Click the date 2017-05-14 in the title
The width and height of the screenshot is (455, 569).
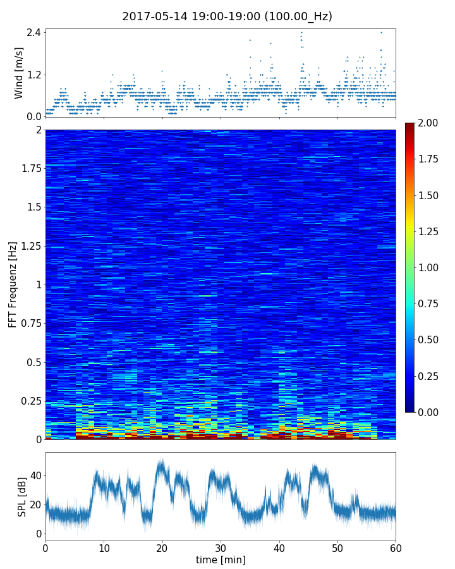pyautogui.click(x=152, y=16)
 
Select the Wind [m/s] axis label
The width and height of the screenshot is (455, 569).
pyautogui.click(x=19, y=73)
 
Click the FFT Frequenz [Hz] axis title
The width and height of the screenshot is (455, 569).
pyautogui.click(x=13, y=284)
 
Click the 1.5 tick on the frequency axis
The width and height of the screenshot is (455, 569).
pyautogui.click(x=33, y=207)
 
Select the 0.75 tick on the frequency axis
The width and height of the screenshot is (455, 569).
pyautogui.click(x=30, y=324)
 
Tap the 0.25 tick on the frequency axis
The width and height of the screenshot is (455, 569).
pyautogui.click(x=30, y=401)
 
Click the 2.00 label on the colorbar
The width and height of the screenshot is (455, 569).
pyautogui.click(x=430, y=123)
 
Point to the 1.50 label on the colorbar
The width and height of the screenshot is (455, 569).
pyautogui.click(x=430, y=195)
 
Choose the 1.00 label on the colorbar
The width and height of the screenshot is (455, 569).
pyautogui.click(x=430, y=267)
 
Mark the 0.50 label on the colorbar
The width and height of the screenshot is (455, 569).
pyautogui.click(x=430, y=340)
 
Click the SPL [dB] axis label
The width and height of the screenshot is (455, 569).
pyautogui.click(x=22, y=496)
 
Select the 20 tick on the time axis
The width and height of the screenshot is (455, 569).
pyautogui.click(x=162, y=548)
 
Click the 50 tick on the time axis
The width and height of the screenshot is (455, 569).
pyautogui.click(x=337, y=548)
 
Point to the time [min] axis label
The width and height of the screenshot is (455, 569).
pyautogui.click(x=221, y=560)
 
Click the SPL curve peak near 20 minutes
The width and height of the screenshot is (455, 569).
pyautogui.click(x=162, y=460)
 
